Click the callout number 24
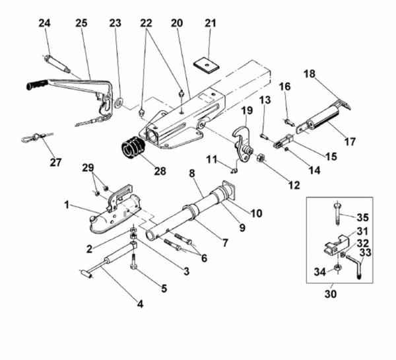tap(44, 23)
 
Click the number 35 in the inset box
tap(362, 217)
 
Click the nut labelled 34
tap(336, 268)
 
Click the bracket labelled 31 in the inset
tap(334, 246)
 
